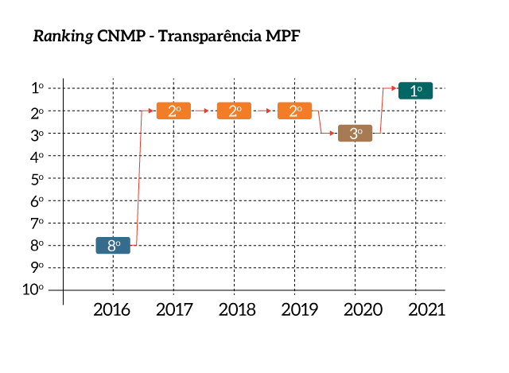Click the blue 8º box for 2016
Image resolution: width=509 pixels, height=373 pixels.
(x=113, y=246)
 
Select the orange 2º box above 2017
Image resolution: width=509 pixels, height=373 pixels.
(x=173, y=111)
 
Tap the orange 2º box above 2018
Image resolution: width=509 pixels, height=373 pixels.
(x=234, y=111)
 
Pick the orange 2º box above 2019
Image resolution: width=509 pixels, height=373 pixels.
(x=294, y=111)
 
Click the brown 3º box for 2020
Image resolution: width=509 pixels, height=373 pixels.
(x=355, y=134)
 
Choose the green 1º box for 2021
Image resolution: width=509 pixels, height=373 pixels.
(x=415, y=91)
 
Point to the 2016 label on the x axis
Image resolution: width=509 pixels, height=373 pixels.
(x=113, y=309)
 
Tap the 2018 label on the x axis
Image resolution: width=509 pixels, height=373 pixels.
(x=234, y=309)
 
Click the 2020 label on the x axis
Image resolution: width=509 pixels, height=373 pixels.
(x=355, y=309)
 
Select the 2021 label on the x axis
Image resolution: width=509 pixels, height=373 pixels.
(x=415, y=309)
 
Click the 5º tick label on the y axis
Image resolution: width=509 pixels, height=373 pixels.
(x=37, y=179)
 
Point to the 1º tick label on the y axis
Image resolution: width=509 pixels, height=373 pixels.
(x=37, y=89)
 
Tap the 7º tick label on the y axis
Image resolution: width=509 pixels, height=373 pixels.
(x=37, y=223)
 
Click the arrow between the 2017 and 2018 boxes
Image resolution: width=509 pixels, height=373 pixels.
(x=204, y=111)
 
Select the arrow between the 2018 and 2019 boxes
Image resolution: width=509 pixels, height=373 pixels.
(x=264, y=111)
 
